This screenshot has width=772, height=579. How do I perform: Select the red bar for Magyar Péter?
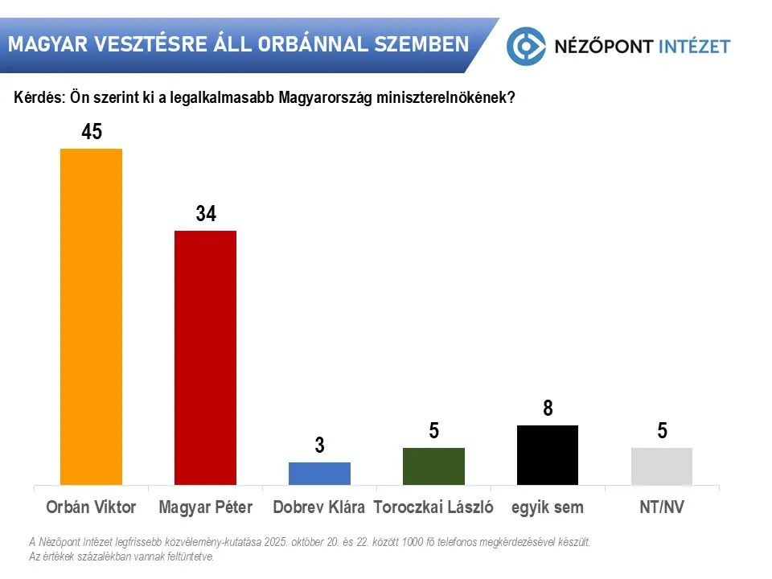pyautogui.click(x=205, y=357)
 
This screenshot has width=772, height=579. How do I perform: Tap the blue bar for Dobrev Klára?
pyautogui.click(x=319, y=474)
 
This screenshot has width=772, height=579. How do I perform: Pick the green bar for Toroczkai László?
pyautogui.click(x=433, y=466)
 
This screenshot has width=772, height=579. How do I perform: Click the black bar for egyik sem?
pyautogui.click(x=548, y=455)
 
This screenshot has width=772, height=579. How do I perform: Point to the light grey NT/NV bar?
pyautogui.click(x=662, y=466)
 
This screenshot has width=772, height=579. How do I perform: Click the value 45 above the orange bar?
pyautogui.click(x=92, y=132)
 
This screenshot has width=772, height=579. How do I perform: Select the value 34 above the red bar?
pyautogui.click(x=205, y=214)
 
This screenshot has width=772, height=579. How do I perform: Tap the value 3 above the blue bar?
pyautogui.click(x=319, y=446)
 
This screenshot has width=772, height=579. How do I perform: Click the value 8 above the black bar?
pyautogui.click(x=548, y=409)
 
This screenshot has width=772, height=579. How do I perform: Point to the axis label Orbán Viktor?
pyautogui.click(x=92, y=507)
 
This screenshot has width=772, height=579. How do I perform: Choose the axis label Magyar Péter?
pyautogui.click(x=205, y=507)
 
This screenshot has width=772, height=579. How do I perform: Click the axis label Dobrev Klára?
pyautogui.click(x=319, y=507)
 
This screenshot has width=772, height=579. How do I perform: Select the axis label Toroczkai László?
pyautogui.click(x=433, y=507)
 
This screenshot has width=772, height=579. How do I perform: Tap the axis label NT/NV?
pyautogui.click(x=662, y=507)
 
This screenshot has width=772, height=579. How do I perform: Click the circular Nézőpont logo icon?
pyautogui.click(x=527, y=45)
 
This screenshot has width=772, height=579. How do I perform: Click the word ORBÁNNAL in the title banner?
pyautogui.click(x=313, y=43)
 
